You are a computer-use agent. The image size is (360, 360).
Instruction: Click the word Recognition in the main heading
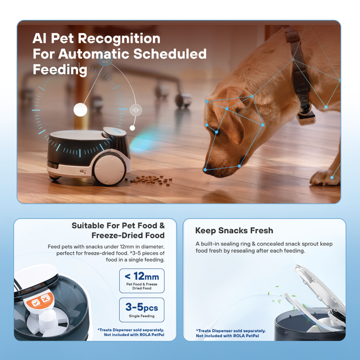click(119, 39)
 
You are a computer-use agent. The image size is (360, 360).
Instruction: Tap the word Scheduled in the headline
click(170, 54)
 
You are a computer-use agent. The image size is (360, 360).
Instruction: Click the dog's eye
click(217, 131)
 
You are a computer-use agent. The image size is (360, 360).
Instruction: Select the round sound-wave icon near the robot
click(136, 110)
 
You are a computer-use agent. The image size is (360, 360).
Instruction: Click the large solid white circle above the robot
click(80, 109)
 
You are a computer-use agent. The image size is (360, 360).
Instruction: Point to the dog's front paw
click(324, 178)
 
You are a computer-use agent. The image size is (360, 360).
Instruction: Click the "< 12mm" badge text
click(142, 276)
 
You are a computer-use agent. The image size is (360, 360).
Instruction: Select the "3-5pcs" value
click(141, 307)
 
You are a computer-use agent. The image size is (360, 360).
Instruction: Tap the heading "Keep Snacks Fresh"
click(234, 230)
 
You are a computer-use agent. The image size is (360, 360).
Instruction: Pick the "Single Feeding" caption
click(141, 316)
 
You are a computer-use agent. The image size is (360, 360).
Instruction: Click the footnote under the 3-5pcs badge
click(131, 332)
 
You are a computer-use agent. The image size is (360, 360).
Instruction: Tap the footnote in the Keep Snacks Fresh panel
click(231, 333)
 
